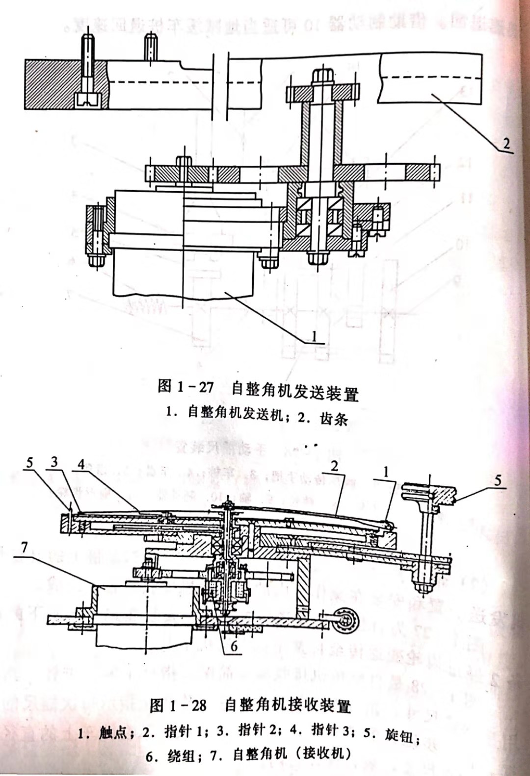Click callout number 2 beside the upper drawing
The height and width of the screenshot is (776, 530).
click(506, 144)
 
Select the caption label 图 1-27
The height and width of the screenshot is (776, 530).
click(186, 387)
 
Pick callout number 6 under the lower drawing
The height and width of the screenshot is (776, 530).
click(234, 646)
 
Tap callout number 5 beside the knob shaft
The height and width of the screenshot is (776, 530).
click(498, 480)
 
